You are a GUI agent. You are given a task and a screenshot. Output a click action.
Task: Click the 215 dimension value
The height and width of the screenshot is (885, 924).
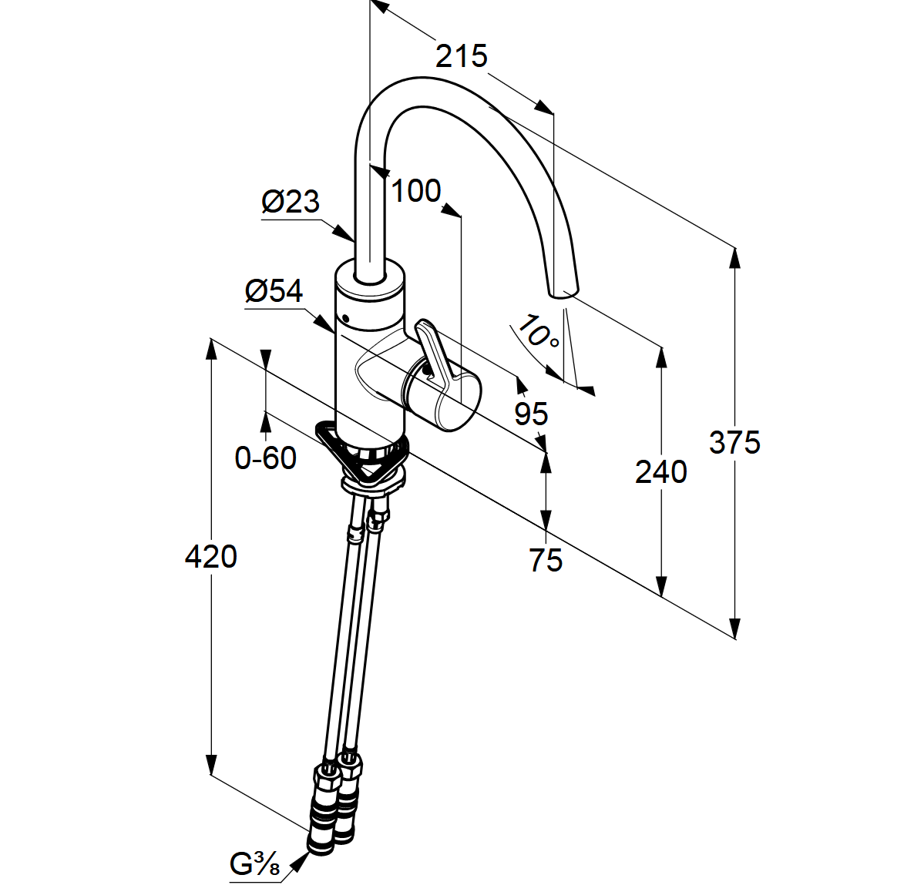(462, 56)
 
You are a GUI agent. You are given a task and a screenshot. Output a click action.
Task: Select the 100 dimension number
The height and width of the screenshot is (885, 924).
(416, 191)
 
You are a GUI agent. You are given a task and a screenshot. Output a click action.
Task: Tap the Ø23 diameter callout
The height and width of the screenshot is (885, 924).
(291, 201)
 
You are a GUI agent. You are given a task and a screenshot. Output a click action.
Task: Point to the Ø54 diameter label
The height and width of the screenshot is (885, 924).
(274, 290)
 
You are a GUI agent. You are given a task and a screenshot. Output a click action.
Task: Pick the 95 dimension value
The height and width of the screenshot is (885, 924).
(531, 414)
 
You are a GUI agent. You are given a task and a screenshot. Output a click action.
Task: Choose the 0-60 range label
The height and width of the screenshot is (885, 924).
(265, 458)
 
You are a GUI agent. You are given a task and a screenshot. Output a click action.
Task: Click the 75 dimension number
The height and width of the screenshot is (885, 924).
(546, 559)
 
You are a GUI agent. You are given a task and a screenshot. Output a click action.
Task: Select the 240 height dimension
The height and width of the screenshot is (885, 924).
(660, 471)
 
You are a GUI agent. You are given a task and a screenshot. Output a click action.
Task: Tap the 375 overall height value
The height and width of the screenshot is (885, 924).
(734, 442)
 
